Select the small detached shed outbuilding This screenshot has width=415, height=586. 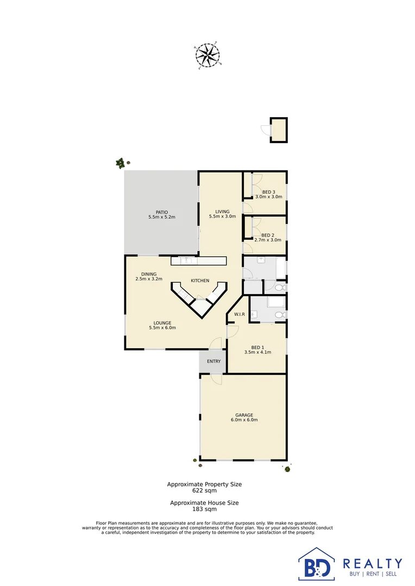click(x=279, y=130)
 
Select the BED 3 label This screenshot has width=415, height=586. click(x=269, y=192)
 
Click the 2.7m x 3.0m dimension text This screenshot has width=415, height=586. click(x=268, y=240)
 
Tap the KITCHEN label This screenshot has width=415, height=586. click(x=199, y=281)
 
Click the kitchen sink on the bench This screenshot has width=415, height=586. click(x=186, y=261)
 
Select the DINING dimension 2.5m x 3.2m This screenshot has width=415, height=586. click(x=149, y=279)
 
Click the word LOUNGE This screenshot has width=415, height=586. click(x=162, y=323)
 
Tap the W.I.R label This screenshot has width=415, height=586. click(x=239, y=315)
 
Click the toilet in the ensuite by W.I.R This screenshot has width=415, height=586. click(x=280, y=315)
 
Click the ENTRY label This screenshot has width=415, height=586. click(x=213, y=361)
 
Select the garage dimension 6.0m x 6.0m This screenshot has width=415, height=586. click(x=244, y=420)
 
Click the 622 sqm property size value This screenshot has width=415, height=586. click(x=204, y=491)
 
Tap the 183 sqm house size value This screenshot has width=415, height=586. click(x=204, y=509)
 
